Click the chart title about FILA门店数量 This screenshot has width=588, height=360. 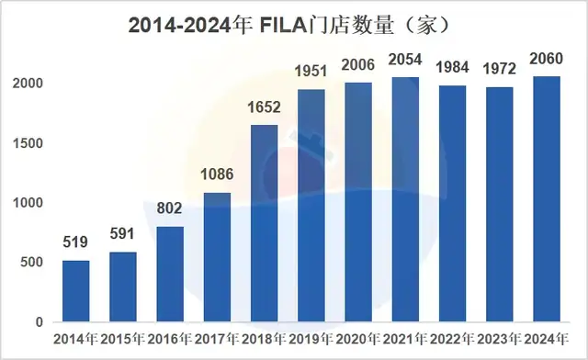(x=293, y=25)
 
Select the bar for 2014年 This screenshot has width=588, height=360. (x=76, y=291)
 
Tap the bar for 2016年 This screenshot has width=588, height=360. (x=170, y=275)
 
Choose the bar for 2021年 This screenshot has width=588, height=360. (x=405, y=199)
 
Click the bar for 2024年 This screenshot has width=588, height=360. (x=547, y=199)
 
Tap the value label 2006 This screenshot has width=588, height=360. (x=358, y=66)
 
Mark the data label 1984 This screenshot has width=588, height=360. (x=452, y=69)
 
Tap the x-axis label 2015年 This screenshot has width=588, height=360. (x=122, y=341)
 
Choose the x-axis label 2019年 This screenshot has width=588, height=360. (x=311, y=341)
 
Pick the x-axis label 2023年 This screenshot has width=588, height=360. (x=499, y=341)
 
